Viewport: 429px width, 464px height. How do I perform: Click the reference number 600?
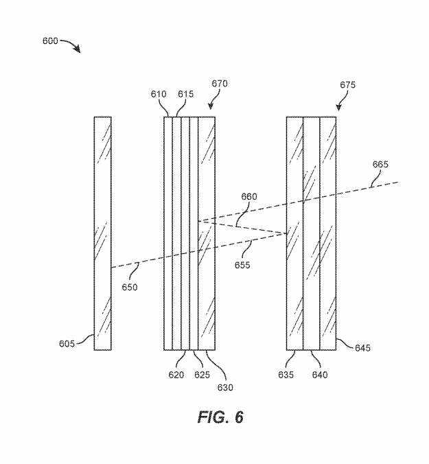[50, 41]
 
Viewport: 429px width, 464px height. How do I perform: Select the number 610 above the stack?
[159, 94]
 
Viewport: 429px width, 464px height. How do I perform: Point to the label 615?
[185, 94]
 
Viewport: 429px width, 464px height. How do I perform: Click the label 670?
[220, 84]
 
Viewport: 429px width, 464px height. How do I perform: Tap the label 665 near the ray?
[380, 164]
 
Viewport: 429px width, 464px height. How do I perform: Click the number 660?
[248, 197]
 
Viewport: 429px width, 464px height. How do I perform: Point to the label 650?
[128, 287]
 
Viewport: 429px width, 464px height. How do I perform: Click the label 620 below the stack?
[176, 375]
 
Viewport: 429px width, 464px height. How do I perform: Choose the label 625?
[201, 375]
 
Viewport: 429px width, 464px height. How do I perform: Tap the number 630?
[225, 387]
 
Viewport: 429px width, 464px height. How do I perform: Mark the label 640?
[319, 375]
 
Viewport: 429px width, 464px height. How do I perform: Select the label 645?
[362, 348]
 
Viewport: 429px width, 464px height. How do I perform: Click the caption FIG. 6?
[220, 417]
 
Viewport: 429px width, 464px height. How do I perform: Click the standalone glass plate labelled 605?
[102, 233]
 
